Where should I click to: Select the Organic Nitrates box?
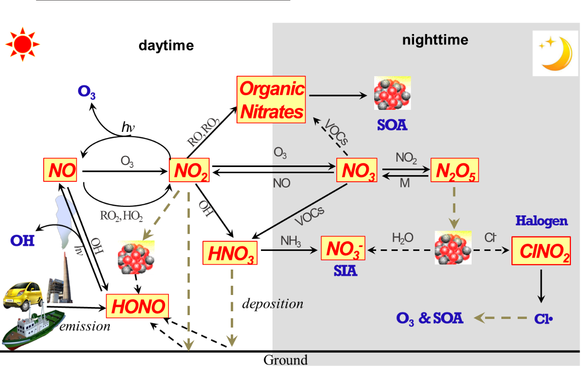[272, 100]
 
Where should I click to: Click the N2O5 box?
[454, 170]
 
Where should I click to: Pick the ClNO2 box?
[541, 250]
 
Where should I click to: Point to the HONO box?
[138, 306]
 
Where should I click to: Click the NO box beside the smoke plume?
[60, 170]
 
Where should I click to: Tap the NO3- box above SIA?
[343, 248]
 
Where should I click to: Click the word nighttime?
[435, 40]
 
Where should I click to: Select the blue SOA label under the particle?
[392, 126]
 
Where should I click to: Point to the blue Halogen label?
[541, 221]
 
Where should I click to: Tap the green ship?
[34, 329]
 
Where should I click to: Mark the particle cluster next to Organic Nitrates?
[392, 93]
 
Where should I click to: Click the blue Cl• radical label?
[544, 319]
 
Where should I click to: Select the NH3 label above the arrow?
[291, 241]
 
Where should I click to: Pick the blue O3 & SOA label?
[430, 318]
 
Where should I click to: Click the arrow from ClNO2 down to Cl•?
[541, 285]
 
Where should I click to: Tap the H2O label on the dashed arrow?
[402, 238]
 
